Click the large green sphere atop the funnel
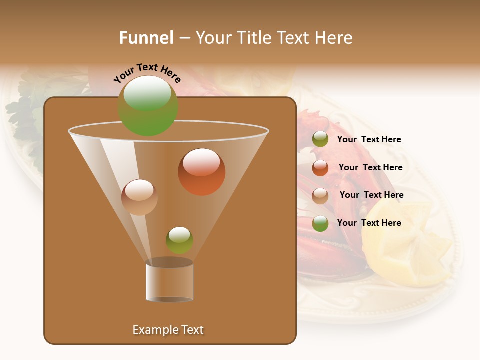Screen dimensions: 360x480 [147, 106]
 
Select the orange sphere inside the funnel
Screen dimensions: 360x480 [201, 172]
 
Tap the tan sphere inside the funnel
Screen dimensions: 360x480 [139, 197]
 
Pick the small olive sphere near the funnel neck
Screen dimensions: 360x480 [179, 240]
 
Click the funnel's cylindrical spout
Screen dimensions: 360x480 [169, 281]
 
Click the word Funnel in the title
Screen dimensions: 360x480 [146, 38]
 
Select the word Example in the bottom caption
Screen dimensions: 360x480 [152, 330]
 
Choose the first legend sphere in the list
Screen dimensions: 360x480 [320, 139]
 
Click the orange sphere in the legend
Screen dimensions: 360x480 [320, 168]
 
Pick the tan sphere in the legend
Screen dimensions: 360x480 [320, 196]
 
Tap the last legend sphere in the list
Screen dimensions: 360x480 [320, 223]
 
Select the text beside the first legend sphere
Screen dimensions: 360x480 [369, 139]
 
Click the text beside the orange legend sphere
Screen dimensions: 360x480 [370, 167]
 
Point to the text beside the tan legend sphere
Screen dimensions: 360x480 [371, 195]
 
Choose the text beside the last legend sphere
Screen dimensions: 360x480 [369, 223]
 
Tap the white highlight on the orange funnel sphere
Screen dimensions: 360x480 [201, 162]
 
